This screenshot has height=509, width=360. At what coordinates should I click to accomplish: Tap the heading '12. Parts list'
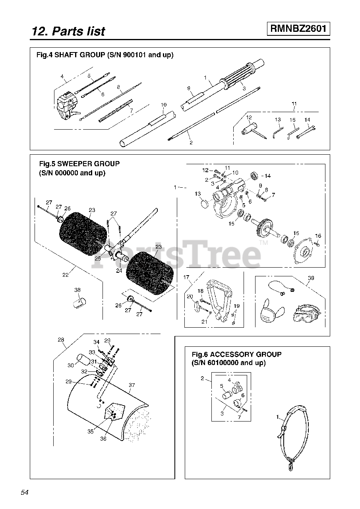tap(68, 31)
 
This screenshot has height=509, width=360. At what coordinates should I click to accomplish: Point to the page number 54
tap(25, 492)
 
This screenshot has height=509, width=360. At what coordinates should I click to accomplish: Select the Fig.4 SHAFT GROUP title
tap(105, 55)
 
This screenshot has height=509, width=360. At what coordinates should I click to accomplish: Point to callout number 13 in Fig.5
tap(197, 194)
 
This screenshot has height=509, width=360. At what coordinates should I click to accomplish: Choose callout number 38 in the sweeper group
tap(77, 290)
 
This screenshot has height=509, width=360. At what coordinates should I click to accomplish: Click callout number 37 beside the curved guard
tap(132, 385)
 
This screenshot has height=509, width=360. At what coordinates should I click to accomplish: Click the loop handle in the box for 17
tap(219, 298)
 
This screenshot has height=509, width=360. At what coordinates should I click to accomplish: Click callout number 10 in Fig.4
tap(163, 105)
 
